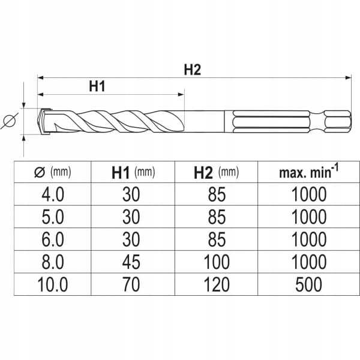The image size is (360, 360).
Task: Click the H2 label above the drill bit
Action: [193, 70]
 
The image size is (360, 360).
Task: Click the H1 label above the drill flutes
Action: [97, 86]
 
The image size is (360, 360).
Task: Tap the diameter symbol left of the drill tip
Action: [10, 121]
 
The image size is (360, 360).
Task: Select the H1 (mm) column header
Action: [133, 173]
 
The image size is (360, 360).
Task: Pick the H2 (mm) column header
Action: [216, 173]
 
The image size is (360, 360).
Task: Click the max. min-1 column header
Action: [309, 172]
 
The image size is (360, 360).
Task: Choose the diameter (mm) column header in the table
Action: [53, 172]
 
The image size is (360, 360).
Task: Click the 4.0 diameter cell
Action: [53, 194]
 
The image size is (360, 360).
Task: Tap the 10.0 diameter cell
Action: [53, 284]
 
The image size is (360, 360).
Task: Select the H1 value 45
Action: [131, 262]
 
